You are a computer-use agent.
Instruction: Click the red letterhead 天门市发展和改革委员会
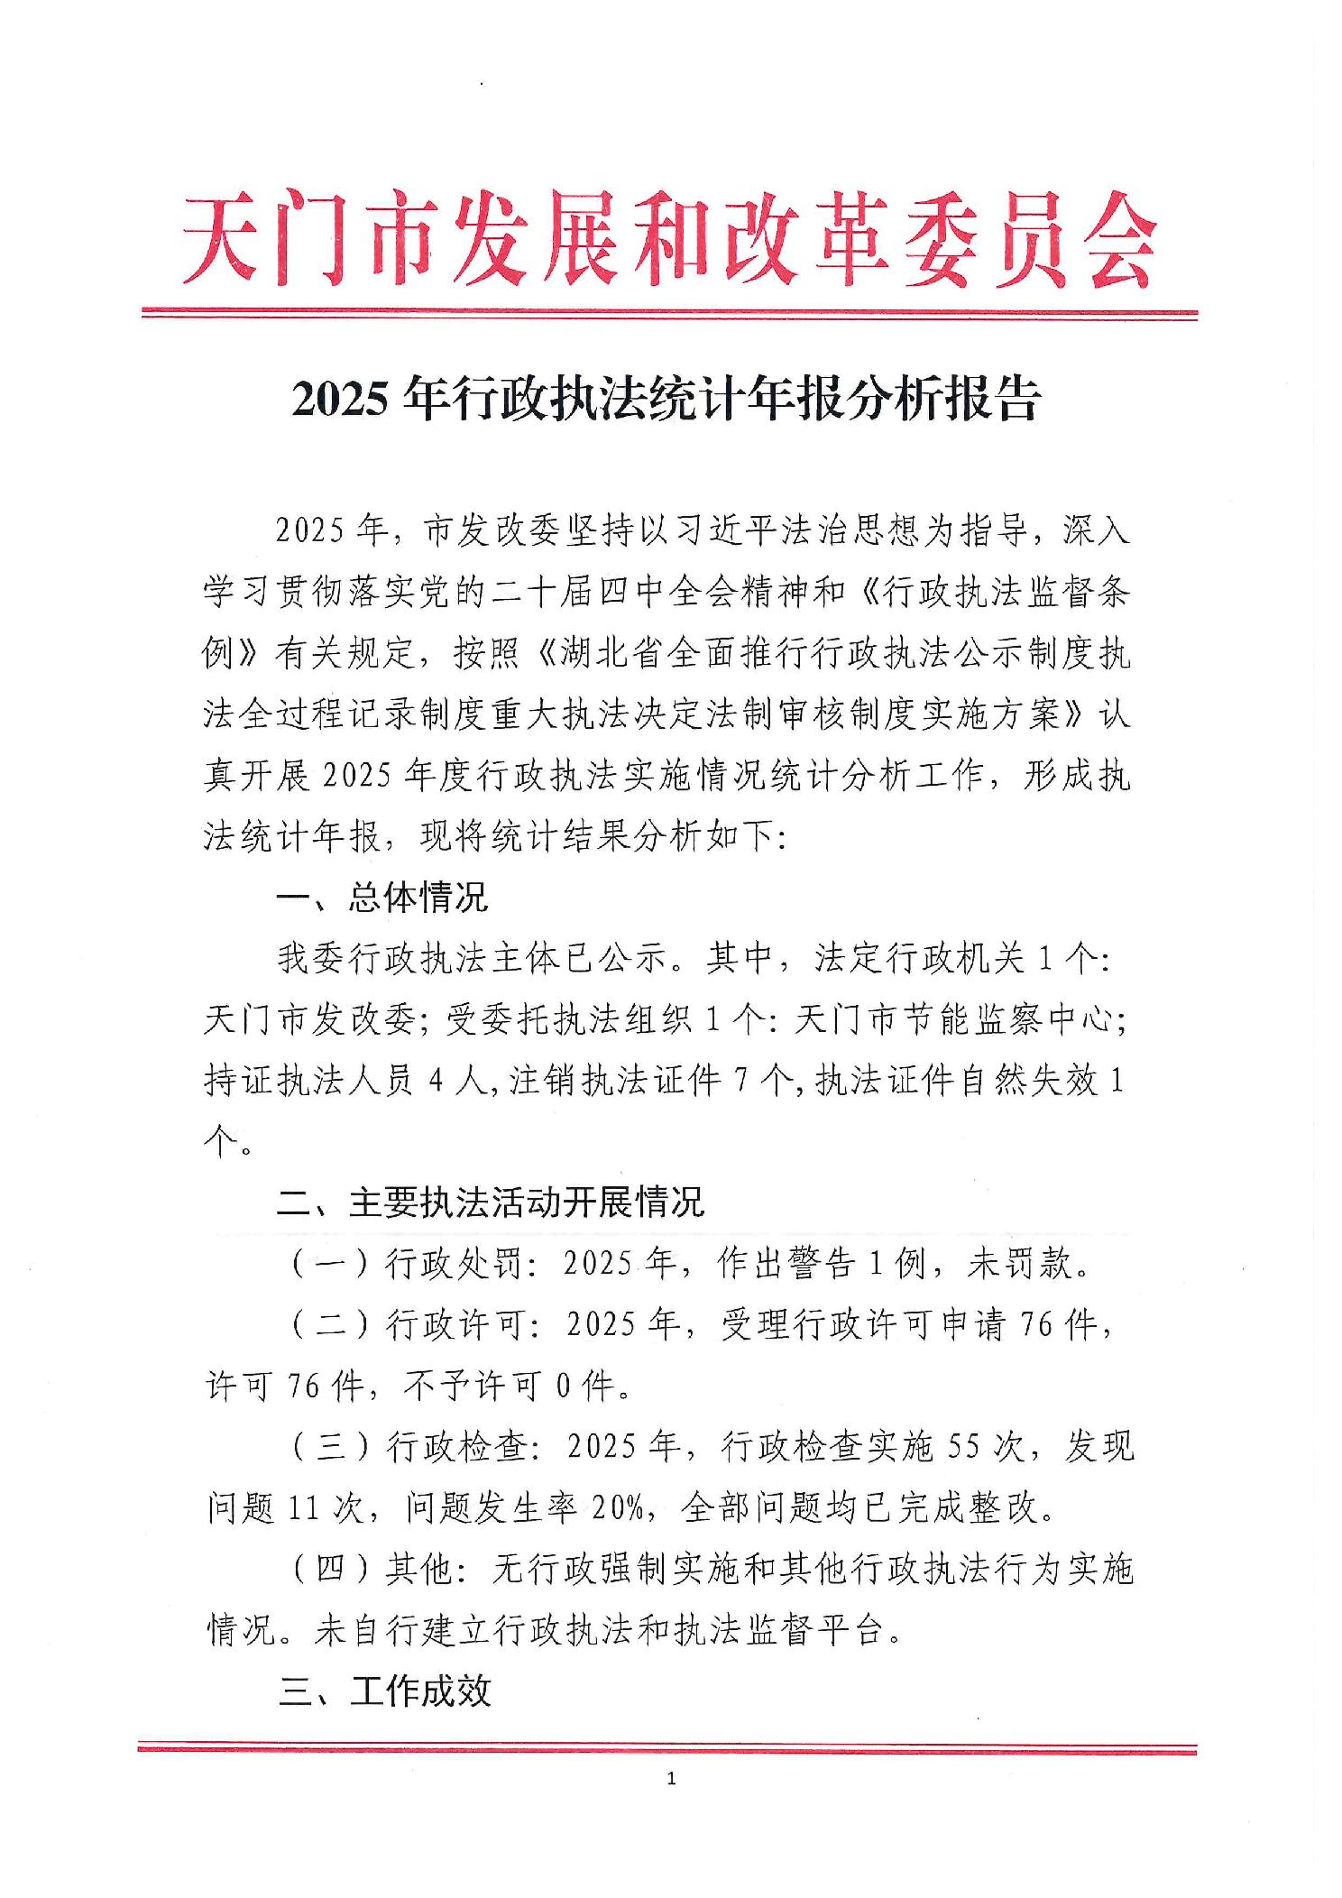point(669,239)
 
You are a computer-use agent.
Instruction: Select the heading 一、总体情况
point(382,898)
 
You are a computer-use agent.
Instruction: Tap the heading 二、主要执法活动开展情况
point(491,1202)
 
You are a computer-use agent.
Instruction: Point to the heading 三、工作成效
point(385,1691)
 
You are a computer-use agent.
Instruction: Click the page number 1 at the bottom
point(669,1779)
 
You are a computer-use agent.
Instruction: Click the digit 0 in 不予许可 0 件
point(563,1387)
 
